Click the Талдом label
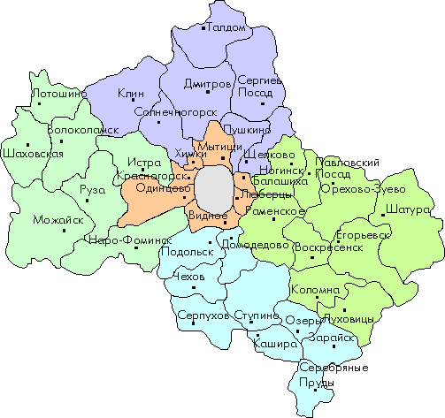pos(227,28)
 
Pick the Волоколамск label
pos(82,129)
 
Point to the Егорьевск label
pos(364,236)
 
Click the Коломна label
pos(316,290)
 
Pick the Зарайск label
pos(332,338)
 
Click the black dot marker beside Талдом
pos(203,29)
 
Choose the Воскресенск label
pos(329,248)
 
